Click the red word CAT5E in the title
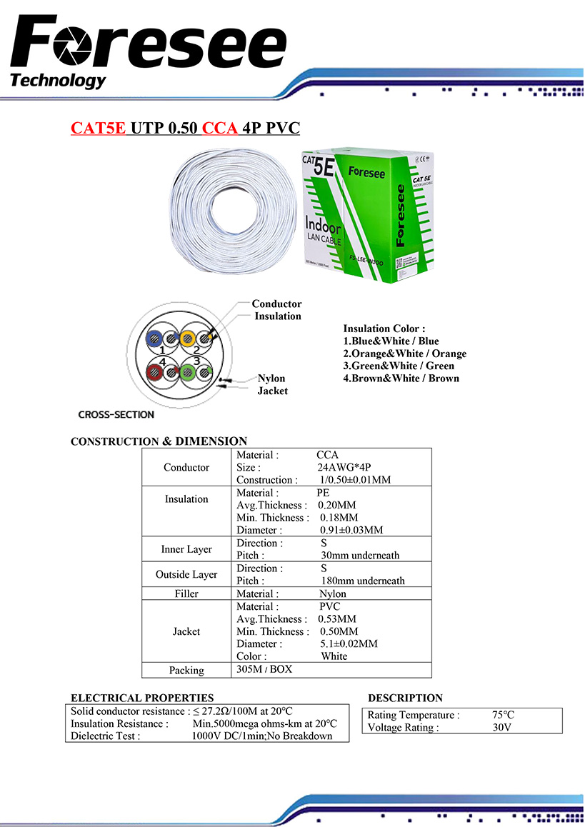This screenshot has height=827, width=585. pos(98,129)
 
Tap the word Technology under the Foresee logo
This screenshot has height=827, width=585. pos(58,80)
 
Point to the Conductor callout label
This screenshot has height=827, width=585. pos(276,304)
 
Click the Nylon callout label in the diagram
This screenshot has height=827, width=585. pos(271,379)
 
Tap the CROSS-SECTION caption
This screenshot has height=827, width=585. pos(116,414)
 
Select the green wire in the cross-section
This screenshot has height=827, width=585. pos(189,371)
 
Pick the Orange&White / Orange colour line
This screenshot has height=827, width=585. pos(404,354)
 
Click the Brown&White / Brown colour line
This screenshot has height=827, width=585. pos(401,378)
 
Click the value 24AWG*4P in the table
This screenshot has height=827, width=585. pos(344,467)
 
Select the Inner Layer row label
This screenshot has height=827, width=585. pos(186,549)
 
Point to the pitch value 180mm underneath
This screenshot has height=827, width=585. pos(362,581)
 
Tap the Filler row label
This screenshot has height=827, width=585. pos(186,593)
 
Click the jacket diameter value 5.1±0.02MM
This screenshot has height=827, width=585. pos(349,643)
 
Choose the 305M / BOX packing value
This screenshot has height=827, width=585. pos(264,669)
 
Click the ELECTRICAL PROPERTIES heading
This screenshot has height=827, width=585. pos(142,698)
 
